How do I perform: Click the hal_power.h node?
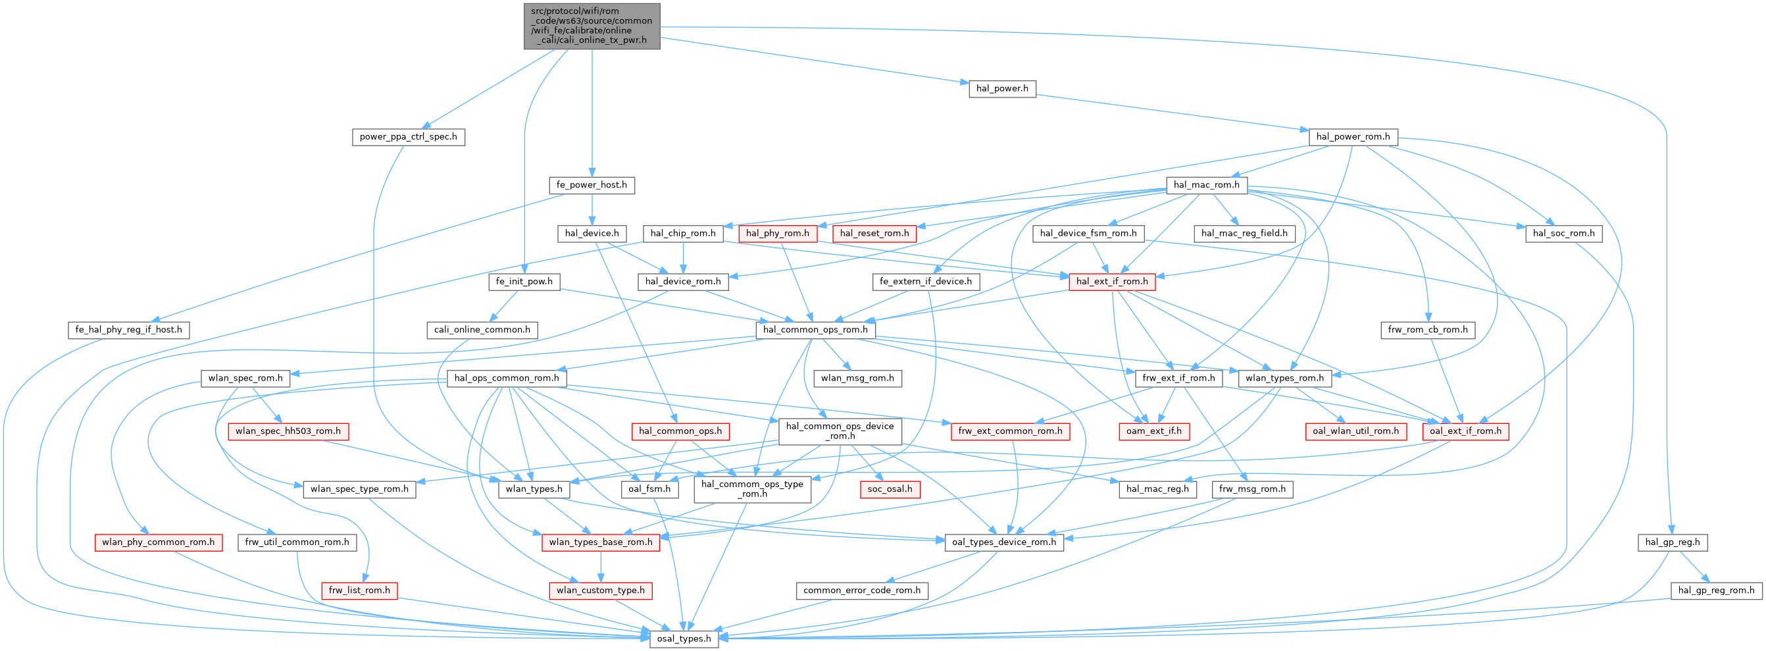click(x=1001, y=88)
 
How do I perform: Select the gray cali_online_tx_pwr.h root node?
click(x=592, y=26)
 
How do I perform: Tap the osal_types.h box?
click(x=684, y=638)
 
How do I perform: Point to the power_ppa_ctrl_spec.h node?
click(x=409, y=136)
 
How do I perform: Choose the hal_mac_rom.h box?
click(x=1206, y=184)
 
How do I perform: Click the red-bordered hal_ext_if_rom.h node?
click(x=1111, y=281)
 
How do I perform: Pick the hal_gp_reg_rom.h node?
click(x=1715, y=590)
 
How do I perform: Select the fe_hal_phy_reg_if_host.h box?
click(x=129, y=330)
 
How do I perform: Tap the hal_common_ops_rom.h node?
click(x=815, y=330)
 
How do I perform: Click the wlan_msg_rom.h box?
click(x=857, y=378)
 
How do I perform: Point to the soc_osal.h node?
click(x=890, y=489)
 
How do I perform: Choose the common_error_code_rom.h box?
click(x=862, y=590)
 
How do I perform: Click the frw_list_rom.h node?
click(x=359, y=590)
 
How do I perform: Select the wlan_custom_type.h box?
click(x=601, y=590)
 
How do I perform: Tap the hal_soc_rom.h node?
click(x=1563, y=233)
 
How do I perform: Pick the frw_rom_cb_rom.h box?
click(x=1428, y=330)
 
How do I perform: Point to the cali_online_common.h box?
click(x=482, y=330)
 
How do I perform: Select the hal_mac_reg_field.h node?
click(x=1244, y=233)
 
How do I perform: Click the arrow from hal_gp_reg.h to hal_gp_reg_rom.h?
click(x=1694, y=567)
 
